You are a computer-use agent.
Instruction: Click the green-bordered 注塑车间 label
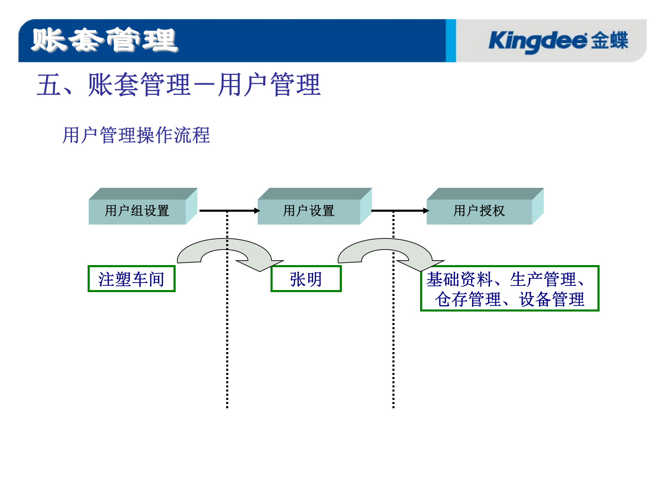point(132,279)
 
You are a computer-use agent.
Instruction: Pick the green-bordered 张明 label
point(306,279)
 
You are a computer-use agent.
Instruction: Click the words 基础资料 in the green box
point(459,279)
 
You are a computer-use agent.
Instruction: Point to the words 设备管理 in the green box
point(552,299)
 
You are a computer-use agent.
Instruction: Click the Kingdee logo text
point(537,41)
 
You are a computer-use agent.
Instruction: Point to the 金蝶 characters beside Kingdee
point(610,41)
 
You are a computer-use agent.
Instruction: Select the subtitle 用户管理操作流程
point(136,135)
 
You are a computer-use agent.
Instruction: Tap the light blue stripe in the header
point(451,41)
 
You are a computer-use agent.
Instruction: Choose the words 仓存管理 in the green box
point(468,299)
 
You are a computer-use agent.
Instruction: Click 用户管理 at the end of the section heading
point(269,85)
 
